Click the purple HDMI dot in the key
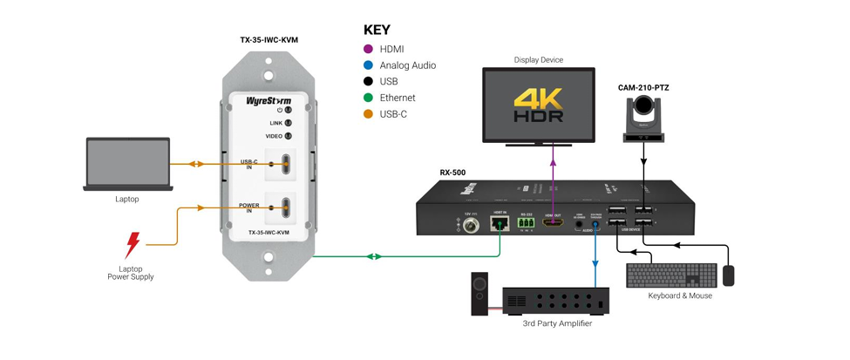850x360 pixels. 368,50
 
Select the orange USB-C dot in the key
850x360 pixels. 368,114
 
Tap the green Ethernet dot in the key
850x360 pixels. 368,98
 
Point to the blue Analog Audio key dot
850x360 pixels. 368,65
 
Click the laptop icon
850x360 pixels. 127,165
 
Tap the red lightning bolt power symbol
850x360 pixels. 132,244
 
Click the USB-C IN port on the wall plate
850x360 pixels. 283,164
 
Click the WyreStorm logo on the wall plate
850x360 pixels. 268,100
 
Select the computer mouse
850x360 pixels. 729,275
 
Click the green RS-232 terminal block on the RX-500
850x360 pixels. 527,224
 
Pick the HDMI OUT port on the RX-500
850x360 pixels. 553,224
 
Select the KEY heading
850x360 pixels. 377,30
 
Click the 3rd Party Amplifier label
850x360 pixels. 557,323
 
